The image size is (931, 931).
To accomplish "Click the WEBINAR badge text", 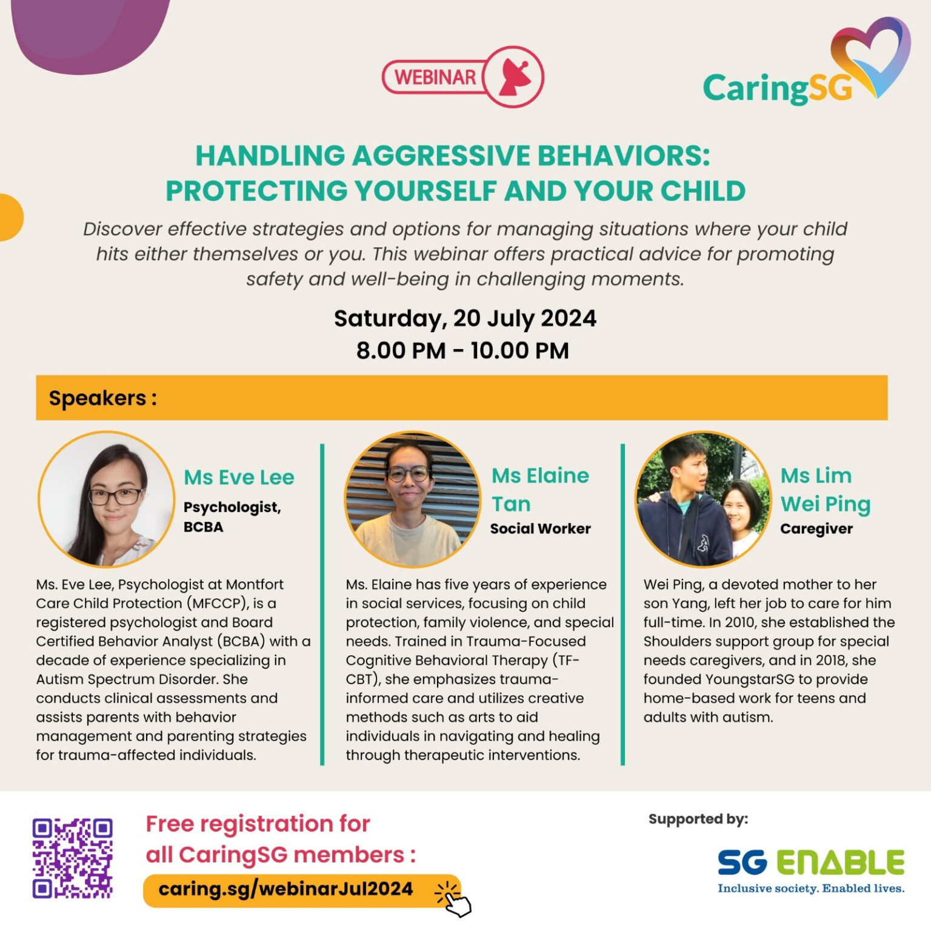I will coord(435,78).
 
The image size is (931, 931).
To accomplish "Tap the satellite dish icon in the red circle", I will coord(514,78).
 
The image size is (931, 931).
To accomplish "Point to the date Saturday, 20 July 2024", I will coord(465,318).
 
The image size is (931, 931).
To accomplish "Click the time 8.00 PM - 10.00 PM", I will coord(462,350).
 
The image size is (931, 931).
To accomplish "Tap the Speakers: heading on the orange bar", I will coord(102,398).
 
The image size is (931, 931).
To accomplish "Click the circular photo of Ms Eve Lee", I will coord(107,499).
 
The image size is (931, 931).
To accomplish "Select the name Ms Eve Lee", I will coord(239,477).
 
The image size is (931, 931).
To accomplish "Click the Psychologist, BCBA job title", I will coord(232,516).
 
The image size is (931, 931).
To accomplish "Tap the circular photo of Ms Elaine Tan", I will coord(412,499).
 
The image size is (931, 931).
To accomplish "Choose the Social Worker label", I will coord(540,529).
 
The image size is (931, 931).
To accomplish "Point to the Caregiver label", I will coord(816,529).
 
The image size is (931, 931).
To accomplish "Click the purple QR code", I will coord(73,858).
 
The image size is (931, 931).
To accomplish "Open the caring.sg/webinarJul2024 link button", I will coord(285,889).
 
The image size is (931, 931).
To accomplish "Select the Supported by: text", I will coord(698,819).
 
